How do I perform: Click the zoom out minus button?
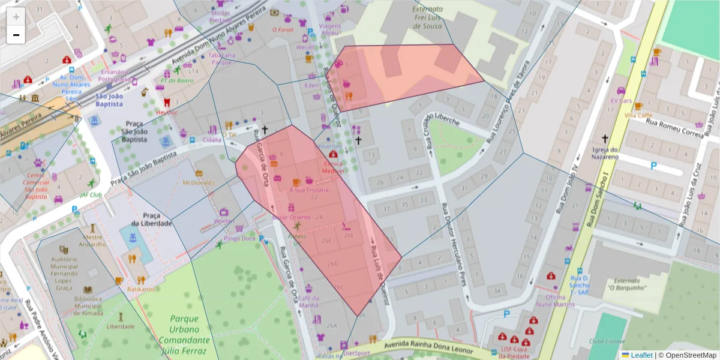click(x=16, y=35)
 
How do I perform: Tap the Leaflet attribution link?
click(x=641, y=355)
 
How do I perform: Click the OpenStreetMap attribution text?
click(x=690, y=355)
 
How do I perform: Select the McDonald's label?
click(x=199, y=182)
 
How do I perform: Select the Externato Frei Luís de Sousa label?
click(x=428, y=17)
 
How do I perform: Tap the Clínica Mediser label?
click(x=334, y=166)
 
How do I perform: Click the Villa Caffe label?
click(x=638, y=115)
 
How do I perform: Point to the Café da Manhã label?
click(x=308, y=301)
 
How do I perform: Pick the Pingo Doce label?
click(x=239, y=238)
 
